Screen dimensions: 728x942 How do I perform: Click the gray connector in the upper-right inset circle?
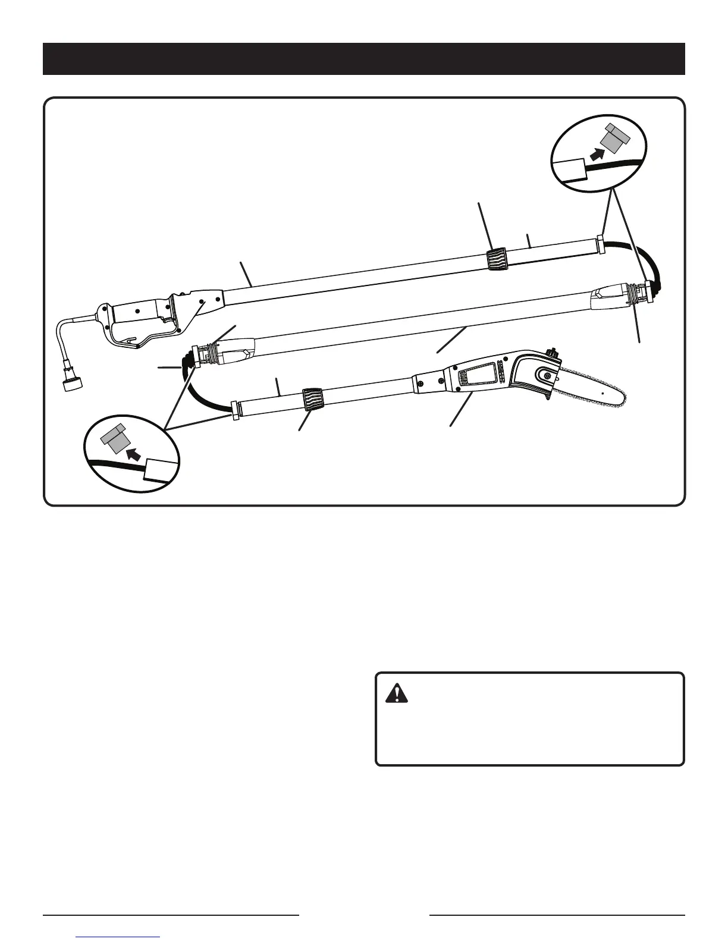(x=614, y=138)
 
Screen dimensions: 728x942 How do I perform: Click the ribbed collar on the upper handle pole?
(x=496, y=260)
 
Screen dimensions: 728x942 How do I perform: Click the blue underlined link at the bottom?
(x=119, y=938)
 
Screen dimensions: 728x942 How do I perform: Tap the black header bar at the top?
(x=364, y=59)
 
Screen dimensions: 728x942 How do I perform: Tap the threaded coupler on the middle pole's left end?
(x=205, y=353)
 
